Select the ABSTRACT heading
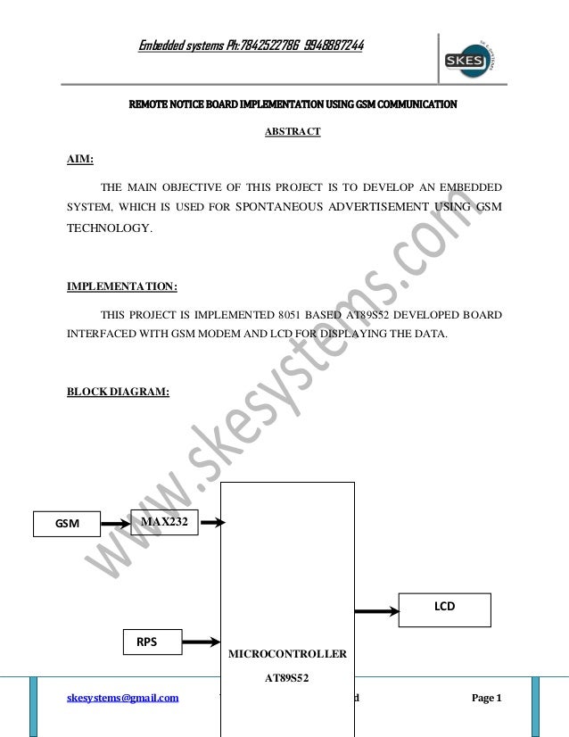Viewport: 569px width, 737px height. coord(293,133)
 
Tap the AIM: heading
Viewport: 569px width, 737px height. coord(82,160)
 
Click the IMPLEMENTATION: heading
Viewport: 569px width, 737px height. coord(122,286)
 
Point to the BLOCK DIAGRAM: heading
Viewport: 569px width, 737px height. coord(119,390)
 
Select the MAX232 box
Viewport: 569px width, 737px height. coord(164,521)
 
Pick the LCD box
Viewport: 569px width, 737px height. coord(444,606)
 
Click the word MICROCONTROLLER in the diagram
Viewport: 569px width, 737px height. coord(287,654)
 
